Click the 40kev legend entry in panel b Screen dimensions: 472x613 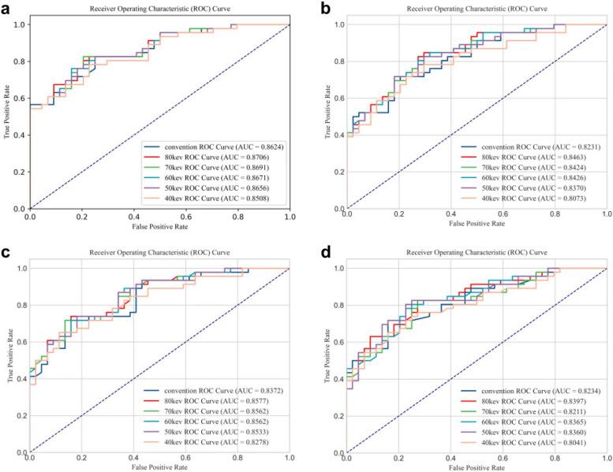click(531, 199)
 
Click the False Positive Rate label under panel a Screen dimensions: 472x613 click(160, 227)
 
